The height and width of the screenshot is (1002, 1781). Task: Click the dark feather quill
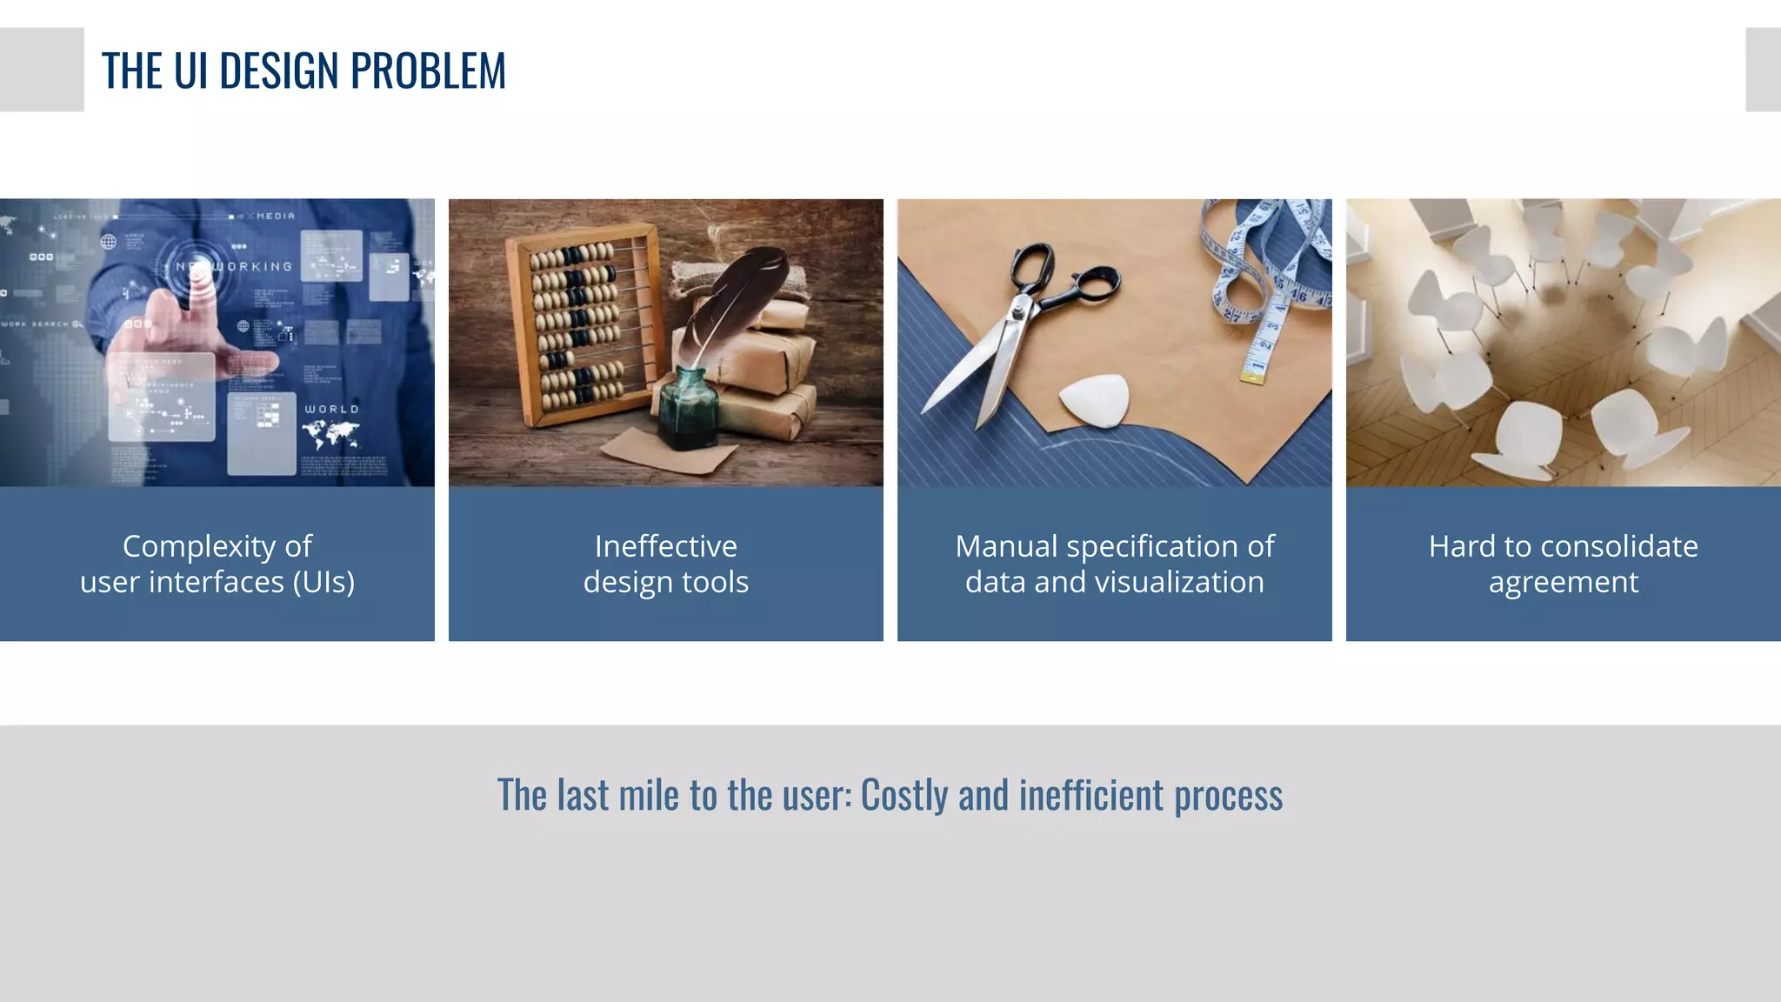pyautogui.click(x=739, y=296)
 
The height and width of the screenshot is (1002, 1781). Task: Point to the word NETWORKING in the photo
pyautogui.click(x=235, y=266)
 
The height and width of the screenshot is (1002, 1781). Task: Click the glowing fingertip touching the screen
pyautogui.click(x=199, y=276)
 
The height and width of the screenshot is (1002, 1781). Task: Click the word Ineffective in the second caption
pyautogui.click(x=665, y=546)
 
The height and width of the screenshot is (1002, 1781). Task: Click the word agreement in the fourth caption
pyautogui.click(x=1563, y=582)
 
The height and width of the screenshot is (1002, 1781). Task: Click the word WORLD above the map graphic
pyautogui.click(x=330, y=409)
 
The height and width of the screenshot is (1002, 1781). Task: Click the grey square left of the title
pyautogui.click(x=42, y=70)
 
